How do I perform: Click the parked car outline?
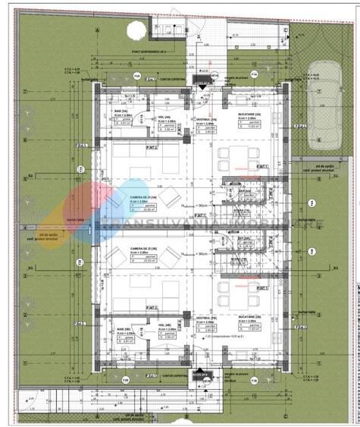click(x=324, y=111)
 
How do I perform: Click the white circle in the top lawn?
click(x=134, y=31)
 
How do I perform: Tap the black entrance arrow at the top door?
click(x=202, y=88)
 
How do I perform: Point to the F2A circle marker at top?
click(x=136, y=76)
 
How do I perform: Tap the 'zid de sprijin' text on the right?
click(x=311, y=166)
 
